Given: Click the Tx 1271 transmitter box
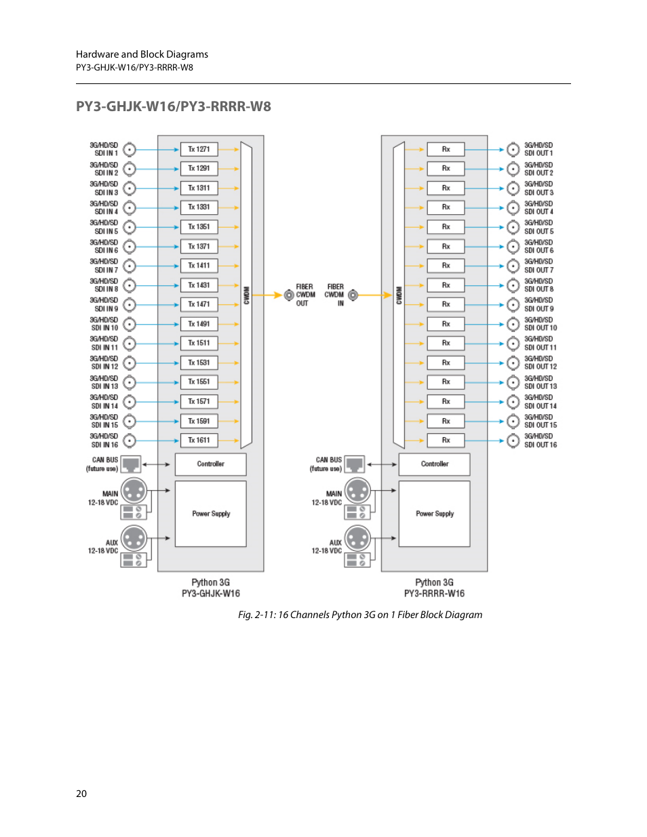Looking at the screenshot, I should point(199,149).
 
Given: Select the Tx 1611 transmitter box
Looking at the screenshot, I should point(199,441).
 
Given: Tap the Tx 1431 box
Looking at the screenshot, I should point(199,285).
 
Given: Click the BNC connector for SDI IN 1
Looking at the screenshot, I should point(130,150).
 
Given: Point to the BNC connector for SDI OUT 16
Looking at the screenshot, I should point(513,441).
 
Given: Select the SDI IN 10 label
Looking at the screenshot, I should point(104,324).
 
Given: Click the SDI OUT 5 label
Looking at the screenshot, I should point(538,227).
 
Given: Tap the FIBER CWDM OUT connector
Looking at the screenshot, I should point(289,295).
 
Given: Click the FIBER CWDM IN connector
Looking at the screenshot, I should point(353,295).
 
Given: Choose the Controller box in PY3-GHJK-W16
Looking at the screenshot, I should point(210,464).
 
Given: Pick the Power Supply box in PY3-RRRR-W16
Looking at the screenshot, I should point(434,514).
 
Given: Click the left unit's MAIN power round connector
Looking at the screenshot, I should point(134,491).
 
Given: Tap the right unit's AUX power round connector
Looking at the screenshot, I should point(357,539).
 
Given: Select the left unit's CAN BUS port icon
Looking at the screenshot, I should point(131,464).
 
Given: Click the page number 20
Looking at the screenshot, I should point(81,794).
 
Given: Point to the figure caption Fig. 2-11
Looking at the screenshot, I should point(360,615).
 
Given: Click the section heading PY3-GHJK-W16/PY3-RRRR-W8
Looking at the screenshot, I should point(174,106).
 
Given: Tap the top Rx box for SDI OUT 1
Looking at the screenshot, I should point(446,149).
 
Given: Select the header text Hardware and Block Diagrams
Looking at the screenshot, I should point(142,54).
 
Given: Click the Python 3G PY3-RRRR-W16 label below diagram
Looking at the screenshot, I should point(434,588).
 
